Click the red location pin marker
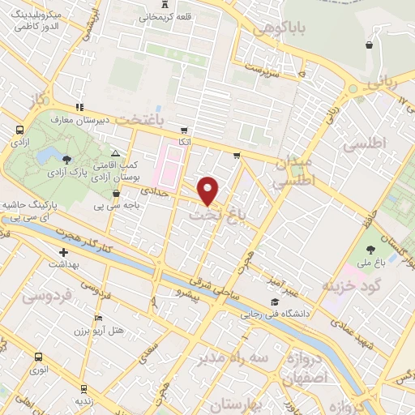pos(209,190)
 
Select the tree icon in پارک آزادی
pos(66,158)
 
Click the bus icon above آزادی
pos(19,130)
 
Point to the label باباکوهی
pos(278,30)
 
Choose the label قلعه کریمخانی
pos(174,17)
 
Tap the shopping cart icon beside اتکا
pos(185,130)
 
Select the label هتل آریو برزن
pos(98,331)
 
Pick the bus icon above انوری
pos(38,357)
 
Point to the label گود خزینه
pos(350,286)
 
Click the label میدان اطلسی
pos(293,172)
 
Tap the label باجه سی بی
pos(118,206)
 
